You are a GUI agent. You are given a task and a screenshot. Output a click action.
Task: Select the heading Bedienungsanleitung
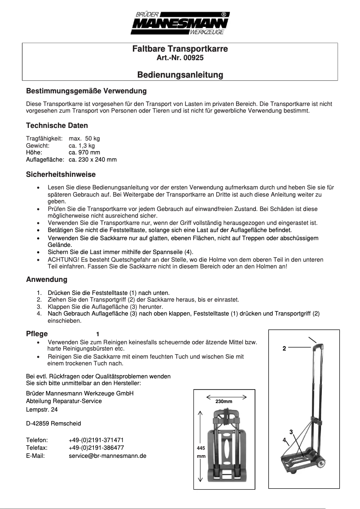pos(180,75)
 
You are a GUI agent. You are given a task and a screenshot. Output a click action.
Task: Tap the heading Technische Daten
pos(57,126)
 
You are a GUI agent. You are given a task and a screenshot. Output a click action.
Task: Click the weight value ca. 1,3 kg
pos(82,146)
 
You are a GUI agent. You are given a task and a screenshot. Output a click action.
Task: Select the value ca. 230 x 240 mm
pos(93,159)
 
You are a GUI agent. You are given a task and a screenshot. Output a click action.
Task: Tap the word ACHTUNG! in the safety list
pos(62,260)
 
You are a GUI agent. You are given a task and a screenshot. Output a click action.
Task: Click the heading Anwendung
pos(47,280)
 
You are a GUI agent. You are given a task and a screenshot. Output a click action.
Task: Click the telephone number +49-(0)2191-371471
pos(97,440)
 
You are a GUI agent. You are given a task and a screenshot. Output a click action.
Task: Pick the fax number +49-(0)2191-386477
pos(97,448)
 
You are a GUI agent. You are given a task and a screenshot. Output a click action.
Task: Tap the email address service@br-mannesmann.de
pos(108,456)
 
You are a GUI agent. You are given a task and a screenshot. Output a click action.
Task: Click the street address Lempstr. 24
pos(42,410)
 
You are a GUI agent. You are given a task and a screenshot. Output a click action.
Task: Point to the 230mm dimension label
pos(224,401)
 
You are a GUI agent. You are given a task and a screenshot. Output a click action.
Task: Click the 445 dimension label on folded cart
pos(201,448)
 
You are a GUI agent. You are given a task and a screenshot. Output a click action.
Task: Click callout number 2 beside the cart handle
pos(284,348)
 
